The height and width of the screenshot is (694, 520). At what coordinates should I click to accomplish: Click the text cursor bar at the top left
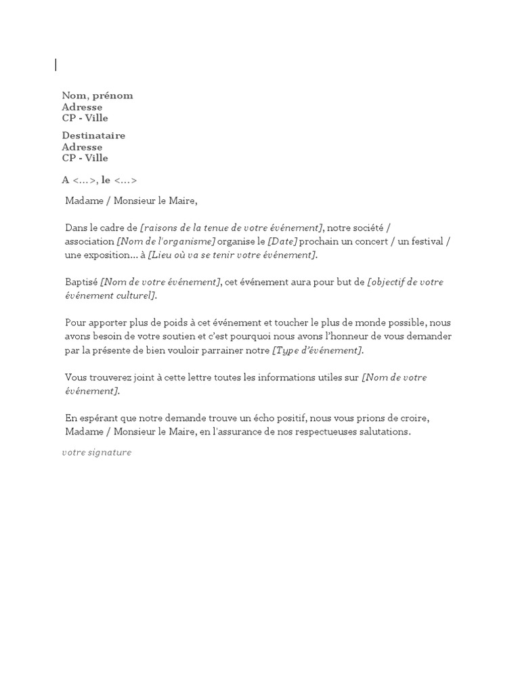pyautogui.click(x=56, y=65)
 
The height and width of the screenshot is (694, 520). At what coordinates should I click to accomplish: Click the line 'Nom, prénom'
pyautogui.click(x=97, y=96)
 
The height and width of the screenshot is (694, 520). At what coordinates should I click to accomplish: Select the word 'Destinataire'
pyautogui.click(x=93, y=136)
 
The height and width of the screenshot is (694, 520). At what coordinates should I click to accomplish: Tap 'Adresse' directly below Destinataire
pyautogui.click(x=82, y=147)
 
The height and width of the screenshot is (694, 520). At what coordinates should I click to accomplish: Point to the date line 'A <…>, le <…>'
pyautogui.click(x=100, y=180)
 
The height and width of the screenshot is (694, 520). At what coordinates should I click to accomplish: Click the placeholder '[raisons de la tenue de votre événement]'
pyautogui.click(x=232, y=228)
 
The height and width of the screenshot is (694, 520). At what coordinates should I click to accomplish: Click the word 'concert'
pyautogui.click(x=370, y=241)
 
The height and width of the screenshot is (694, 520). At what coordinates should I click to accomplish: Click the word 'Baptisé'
pyautogui.click(x=81, y=282)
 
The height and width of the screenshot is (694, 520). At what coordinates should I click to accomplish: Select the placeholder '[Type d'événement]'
pyautogui.click(x=317, y=350)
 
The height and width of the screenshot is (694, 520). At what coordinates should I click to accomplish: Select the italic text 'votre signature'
pyautogui.click(x=97, y=452)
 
